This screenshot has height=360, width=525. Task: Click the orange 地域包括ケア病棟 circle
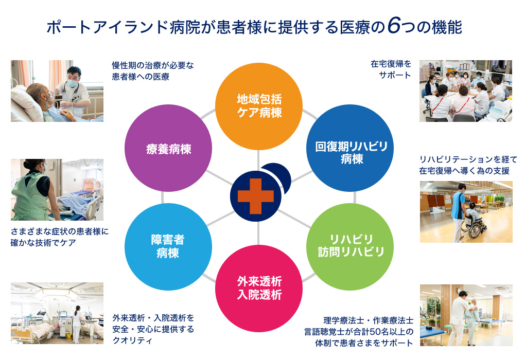coord(258,106)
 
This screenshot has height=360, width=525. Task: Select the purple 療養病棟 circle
coord(168,148)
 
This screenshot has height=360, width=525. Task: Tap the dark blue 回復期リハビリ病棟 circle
coord(350,148)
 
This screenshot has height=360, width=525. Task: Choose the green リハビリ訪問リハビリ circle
coord(350,246)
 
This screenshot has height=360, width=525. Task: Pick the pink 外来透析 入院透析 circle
coord(258,289)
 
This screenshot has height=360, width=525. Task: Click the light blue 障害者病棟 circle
coord(168,246)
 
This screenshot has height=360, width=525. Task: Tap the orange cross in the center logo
coord(256,196)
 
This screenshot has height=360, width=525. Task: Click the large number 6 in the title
coord(394,26)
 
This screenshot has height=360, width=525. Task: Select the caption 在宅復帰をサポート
coord(391,69)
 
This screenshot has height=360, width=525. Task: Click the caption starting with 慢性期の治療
coord(153,71)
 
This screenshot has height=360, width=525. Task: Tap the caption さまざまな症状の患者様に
coord(60,231)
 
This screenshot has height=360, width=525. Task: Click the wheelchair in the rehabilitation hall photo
coord(473,226)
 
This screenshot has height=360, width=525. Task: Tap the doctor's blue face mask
coord(73,83)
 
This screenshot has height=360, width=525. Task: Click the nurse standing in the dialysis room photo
coord(77,324)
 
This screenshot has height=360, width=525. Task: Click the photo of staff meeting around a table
coord(466,91)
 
